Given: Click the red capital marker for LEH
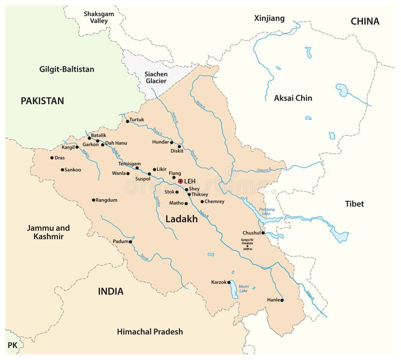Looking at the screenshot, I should tap(180, 181).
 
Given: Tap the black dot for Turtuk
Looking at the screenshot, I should tap(127, 121).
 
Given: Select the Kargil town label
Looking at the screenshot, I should tap(68, 147).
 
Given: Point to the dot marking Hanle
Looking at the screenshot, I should tap(282, 300).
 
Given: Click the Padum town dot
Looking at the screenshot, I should tap(131, 242).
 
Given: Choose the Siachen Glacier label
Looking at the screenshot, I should tap(156, 77).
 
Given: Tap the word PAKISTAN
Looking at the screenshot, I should tap(42, 101).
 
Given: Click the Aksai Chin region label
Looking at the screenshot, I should tap(293, 98).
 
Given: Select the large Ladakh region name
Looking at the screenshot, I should tap(181, 219).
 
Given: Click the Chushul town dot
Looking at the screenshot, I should tap(263, 233).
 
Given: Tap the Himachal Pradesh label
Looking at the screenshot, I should tap(149, 331).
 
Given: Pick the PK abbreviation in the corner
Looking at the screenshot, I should tap(12, 345).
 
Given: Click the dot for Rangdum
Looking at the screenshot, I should tap(93, 200).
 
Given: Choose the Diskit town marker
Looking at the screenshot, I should tap(179, 147).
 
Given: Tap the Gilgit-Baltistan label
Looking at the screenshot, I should tap(67, 69).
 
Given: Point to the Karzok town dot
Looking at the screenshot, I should tap(229, 282).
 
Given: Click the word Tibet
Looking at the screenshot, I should tap(354, 204).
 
